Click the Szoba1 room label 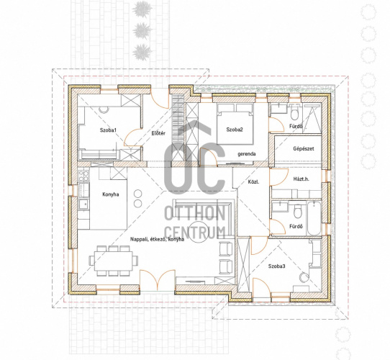coord(108,130)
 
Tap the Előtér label coord(158,133)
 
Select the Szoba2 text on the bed coord(235,130)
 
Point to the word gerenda coord(247,154)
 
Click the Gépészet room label coord(304,148)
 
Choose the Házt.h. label coord(301,179)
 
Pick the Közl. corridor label coord(253,181)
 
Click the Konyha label coord(111,194)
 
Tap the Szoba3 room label coord(276,266)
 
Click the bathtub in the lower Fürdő coord(314,218)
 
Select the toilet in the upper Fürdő coord(294,112)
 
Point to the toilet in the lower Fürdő coord(297,212)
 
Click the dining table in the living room coord(114,261)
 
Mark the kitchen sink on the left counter coord(83,204)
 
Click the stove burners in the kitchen coord(83,175)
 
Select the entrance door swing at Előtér coord(159,99)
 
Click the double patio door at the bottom coord(158,280)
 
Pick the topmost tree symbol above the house coord(142,8)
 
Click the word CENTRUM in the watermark coord(195,233)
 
